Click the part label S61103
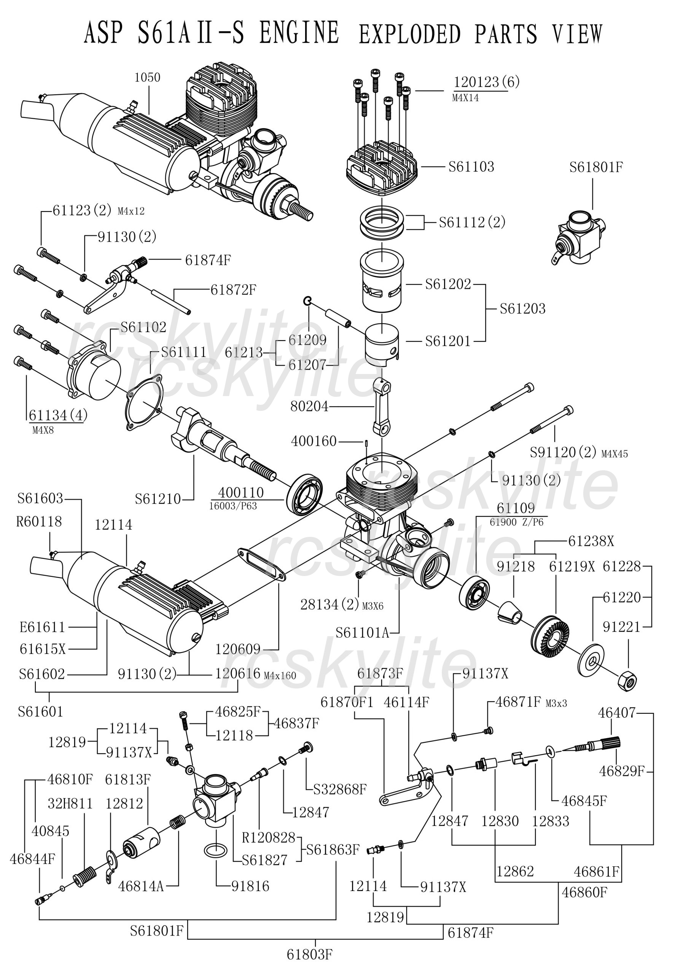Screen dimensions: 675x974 pyautogui.click(x=471, y=167)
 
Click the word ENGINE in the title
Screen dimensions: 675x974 pyautogui.click(x=299, y=33)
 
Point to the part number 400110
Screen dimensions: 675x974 pyautogui.click(x=241, y=492)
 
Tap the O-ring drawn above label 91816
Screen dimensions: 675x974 pyautogui.click(x=217, y=850)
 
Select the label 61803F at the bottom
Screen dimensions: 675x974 pyautogui.click(x=310, y=954)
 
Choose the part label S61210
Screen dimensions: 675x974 pyautogui.click(x=158, y=499)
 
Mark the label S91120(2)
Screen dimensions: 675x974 pyautogui.click(x=562, y=452)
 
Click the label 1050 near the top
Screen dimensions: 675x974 pyautogui.click(x=148, y=77)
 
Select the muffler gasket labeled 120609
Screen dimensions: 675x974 pyautogui.click(x=262, y=565)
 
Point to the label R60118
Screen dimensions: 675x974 pyautogui.click(x=39, y=522)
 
